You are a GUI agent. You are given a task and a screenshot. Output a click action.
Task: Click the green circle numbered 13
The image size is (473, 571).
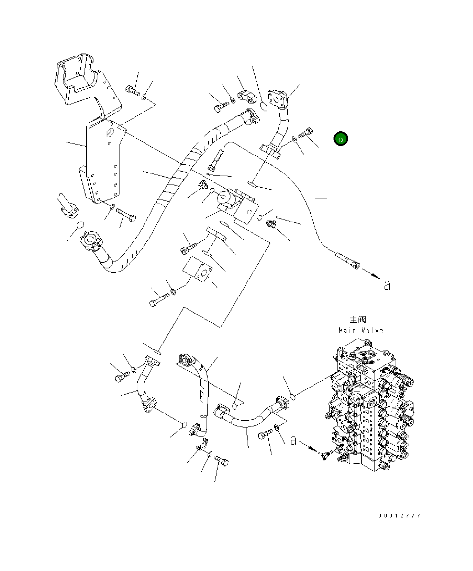coord(340,139)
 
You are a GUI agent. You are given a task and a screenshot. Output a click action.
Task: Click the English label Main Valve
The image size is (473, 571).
coord(361,330)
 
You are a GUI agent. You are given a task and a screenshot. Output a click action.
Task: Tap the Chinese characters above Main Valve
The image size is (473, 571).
coord(358,319)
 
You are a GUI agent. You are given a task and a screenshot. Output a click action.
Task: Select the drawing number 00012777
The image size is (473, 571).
coord(399,516)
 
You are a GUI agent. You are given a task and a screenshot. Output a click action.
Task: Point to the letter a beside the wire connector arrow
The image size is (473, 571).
coord(387,285)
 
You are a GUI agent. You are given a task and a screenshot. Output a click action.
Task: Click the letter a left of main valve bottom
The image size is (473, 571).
coord(293,440)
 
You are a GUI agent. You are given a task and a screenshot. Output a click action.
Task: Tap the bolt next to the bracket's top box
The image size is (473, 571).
coord(132,90)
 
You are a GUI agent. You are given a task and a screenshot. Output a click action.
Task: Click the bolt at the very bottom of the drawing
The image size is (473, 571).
coord(222,463)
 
